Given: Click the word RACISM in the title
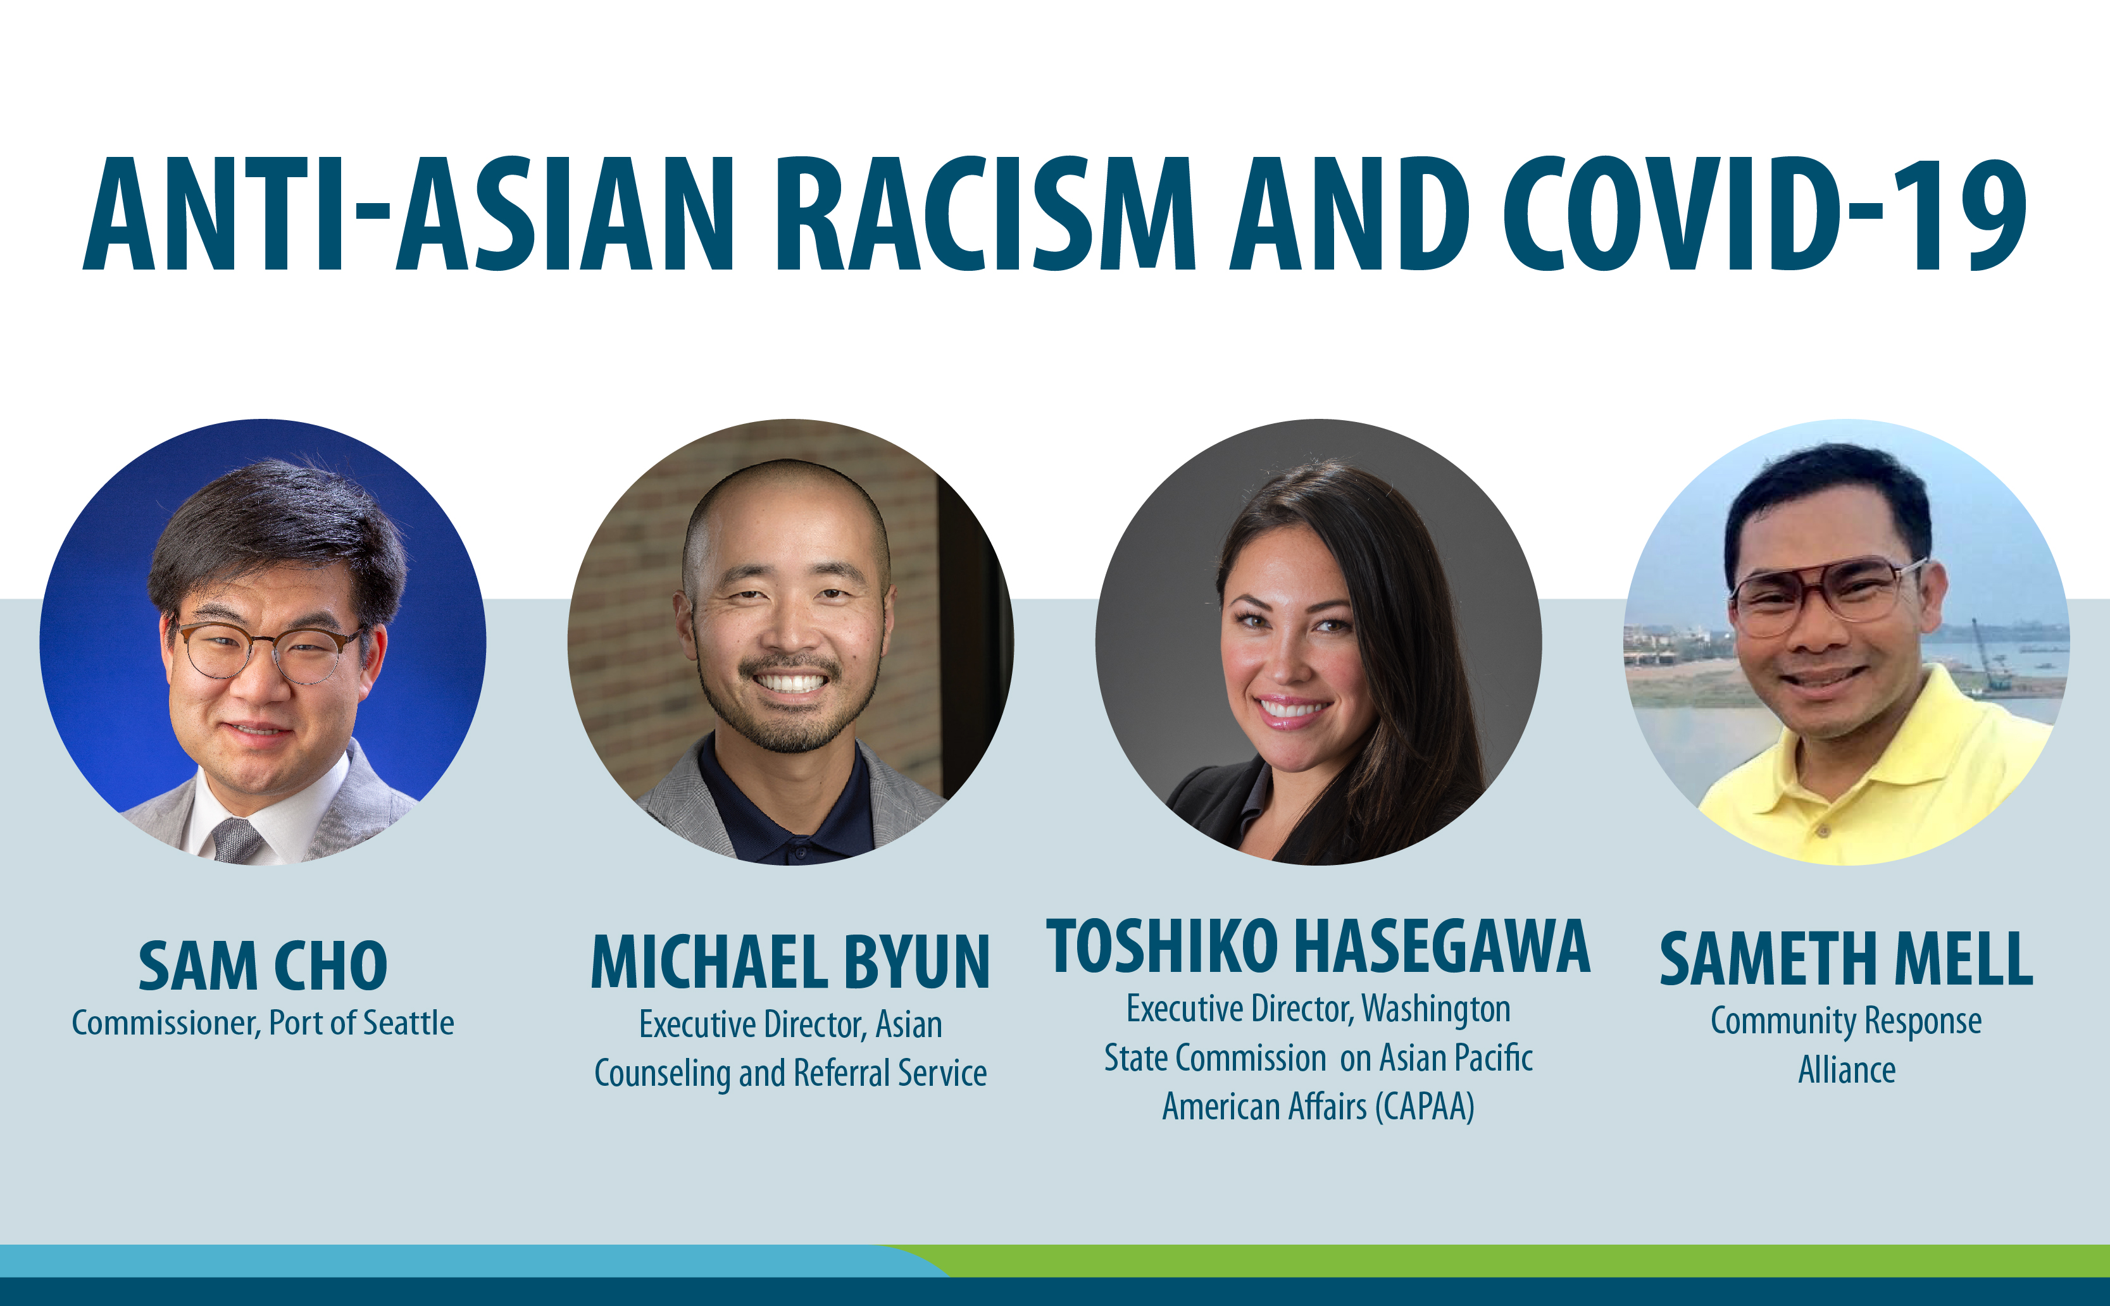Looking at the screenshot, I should pyautogui.click(x=985, y=215).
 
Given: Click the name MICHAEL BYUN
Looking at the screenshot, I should pyautogui.click(x=790, y=962).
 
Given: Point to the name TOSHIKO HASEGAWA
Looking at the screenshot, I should pyautogui.click(x=1317, y=947).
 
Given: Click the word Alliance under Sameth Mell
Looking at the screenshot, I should pyautogui.click(x=1847, y=1070).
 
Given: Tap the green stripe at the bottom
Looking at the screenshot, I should pyautogui.click(x=1511, y=1260).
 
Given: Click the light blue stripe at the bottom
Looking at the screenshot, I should pyautogui.click(x=432, y=1260).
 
